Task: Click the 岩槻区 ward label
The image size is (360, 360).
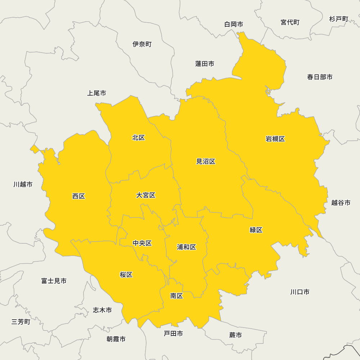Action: (x=275, y=139)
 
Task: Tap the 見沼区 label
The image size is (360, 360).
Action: (x=206, y=162)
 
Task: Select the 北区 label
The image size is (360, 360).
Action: (x=139, y=138)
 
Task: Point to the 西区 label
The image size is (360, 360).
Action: (x=78, y=196)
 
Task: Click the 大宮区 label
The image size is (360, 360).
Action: (x=146, y=195)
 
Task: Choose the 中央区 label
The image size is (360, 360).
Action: (x=142, y=243)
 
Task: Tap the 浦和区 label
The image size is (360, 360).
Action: (x=186, y=247)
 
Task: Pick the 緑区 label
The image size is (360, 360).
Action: (x=256, y=230)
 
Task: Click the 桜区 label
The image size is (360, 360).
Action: (x=126, y=275)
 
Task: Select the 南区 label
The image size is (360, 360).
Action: (x=177, y=296)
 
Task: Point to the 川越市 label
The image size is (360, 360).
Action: (x=23, y=184)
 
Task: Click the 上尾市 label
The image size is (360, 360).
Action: (x=96, y=93)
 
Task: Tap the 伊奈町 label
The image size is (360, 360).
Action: (x=142, y=44)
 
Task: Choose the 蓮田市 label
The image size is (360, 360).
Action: (x=204, y=64)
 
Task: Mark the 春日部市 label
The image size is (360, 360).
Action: (x=320, y=77)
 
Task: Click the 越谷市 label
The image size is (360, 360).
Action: (x=341, y=203)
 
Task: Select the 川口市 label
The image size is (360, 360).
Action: (x=300, y=292)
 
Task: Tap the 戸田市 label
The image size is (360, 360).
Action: (x=173, y=334)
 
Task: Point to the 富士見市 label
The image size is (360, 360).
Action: (x=54, y=281)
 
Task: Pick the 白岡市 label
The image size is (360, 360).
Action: (x=234, y=24)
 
